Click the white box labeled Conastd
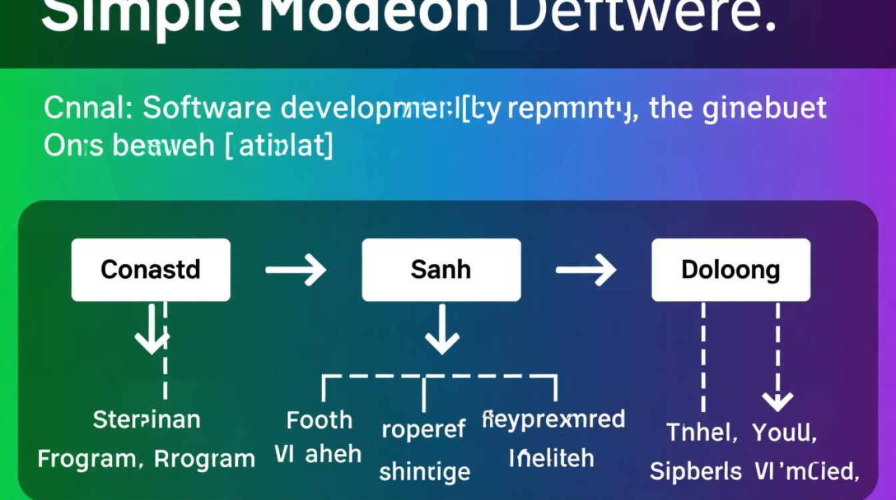coord(151,270)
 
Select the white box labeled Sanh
coord(441,270)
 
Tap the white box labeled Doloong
coord(731,270)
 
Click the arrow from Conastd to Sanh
coord(295,270)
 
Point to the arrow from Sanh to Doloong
coord(586,270)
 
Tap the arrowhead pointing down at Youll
coord(777,401)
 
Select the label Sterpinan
coord(147,419)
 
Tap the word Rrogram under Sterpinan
coord(204,459)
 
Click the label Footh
coord(319,420)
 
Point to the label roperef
coord(423,430)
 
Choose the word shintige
coord(425,472)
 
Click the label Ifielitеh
coord(551,458)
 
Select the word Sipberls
coord(695,471)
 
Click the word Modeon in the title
coord(373,17)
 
